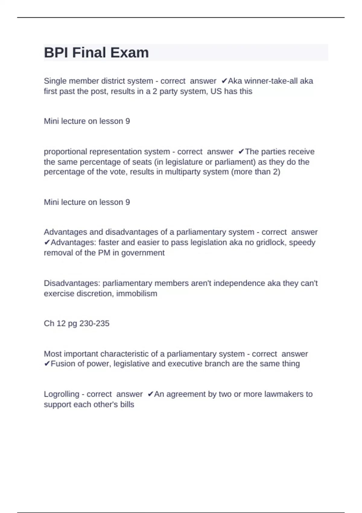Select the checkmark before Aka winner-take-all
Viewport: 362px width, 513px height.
[x=224, y=81]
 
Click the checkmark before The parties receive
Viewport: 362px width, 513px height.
[x=241, y=151]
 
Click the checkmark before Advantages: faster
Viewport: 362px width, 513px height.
[x=47, y=242]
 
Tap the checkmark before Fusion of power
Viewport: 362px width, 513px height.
[x=47, y=364]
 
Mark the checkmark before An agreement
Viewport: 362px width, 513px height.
[x=151, y=394]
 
